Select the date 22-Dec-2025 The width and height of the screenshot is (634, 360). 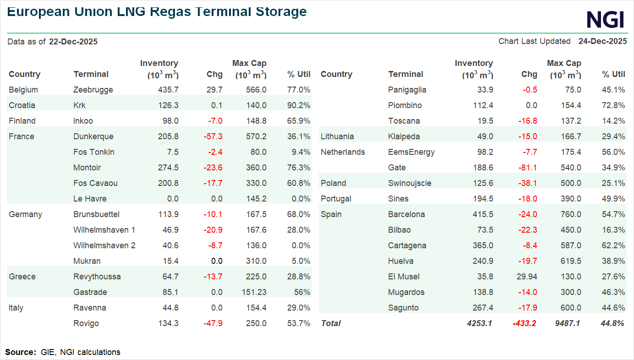tap(73, 42)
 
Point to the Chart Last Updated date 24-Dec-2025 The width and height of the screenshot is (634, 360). tap(602, 41)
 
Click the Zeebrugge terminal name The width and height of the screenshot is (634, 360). tap(93, 90)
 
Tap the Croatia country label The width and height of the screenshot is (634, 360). tap(22, 105)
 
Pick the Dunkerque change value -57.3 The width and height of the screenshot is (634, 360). tap(213, 136)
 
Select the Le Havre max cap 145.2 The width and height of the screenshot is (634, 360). tap(256, 199)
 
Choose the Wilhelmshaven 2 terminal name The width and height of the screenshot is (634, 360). tap(104, 245)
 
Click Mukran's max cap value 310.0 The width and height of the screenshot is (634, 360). tap(256, 261)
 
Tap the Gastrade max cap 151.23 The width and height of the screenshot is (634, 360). tap(254, 292)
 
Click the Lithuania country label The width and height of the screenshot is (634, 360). tap(337, 136)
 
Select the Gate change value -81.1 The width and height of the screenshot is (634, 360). tap(528, 168)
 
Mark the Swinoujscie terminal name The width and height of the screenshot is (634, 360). tap(410, 183)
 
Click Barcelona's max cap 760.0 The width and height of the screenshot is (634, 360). tap(570, 214)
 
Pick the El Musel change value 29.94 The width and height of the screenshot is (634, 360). tap(527, 277)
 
